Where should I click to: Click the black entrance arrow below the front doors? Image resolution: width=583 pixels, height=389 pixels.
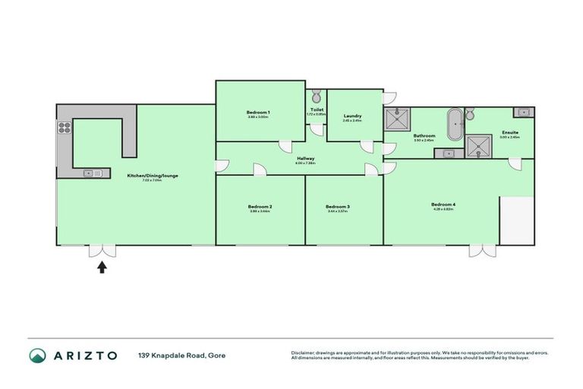tap(102, 266)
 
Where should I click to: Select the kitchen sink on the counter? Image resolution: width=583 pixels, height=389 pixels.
tap(92, 173)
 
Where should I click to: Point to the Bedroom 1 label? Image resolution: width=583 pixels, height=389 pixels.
tap(259, 112)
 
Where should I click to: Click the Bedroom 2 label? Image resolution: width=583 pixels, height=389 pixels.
tap(260, 207)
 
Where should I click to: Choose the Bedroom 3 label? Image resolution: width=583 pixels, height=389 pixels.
tap(337, 207)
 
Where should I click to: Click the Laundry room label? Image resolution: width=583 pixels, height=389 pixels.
tap(352, 116)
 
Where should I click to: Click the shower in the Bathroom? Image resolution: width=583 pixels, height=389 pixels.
tap(396, 120)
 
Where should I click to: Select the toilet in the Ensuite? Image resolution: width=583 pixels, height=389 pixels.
tap(470, 115)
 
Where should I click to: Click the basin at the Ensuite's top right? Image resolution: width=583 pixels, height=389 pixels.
tap(523, 112)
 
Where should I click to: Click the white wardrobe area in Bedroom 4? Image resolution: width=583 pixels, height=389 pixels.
tap(517, 221)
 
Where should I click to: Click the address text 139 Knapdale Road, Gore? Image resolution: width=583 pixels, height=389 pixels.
tap(181, 356)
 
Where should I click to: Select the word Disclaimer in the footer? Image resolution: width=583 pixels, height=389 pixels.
tap(304, 353)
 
